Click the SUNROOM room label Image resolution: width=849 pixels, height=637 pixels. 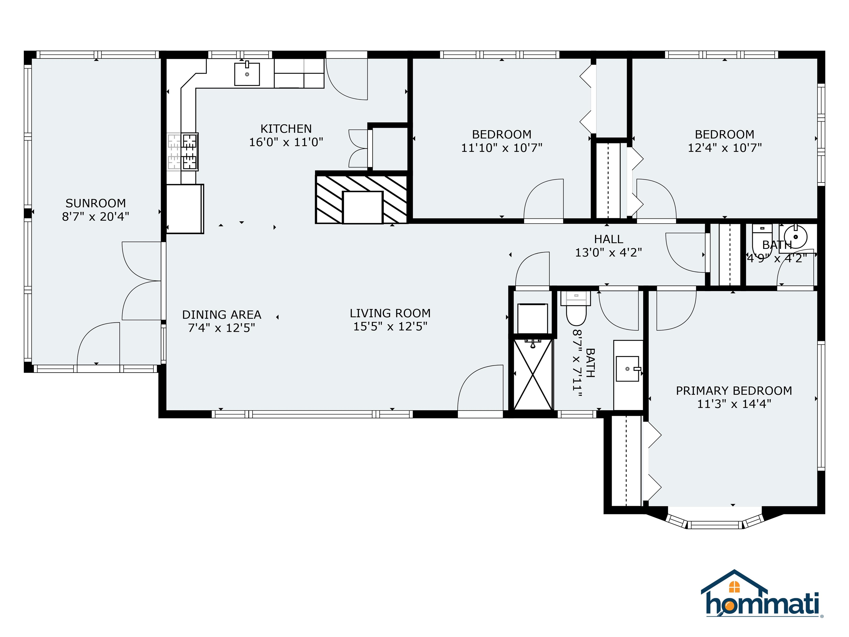coord(96,203)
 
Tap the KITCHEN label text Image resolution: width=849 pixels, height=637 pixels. coord(286,129)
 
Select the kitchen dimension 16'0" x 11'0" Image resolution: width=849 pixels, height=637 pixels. coord(286,142)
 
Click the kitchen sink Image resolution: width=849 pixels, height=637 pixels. coord(247,74)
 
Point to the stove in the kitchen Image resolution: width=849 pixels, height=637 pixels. coord(183,152)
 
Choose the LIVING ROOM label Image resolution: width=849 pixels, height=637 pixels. coord(390,313)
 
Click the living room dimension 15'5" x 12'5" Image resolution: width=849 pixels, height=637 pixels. coord(390,326)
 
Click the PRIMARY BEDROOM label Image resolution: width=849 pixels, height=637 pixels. coord(734,391)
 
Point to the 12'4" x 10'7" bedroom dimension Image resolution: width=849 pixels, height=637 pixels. coord(725,148)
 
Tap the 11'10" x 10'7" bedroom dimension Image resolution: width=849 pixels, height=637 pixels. coord(502,148)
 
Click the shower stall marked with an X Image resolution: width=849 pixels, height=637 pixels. coord(533,375)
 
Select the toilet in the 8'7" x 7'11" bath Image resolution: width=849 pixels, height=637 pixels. coord(576,308)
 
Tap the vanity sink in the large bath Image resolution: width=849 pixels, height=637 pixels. coord(628,369)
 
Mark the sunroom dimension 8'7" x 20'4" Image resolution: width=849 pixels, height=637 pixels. coord(96,216)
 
